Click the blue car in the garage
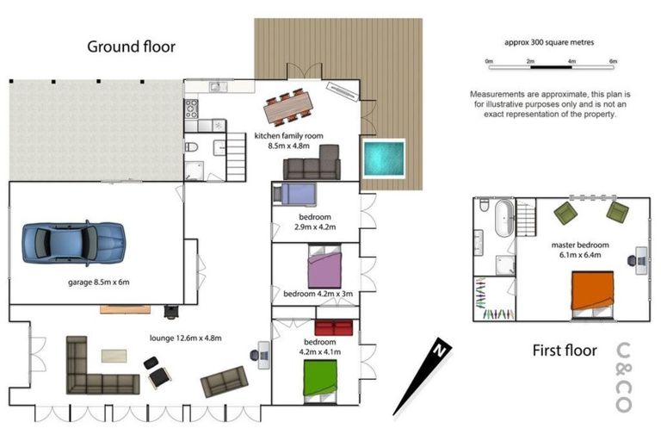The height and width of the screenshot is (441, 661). point(74,243)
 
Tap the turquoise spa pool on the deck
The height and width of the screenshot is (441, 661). point(384,158)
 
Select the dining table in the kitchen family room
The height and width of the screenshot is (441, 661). point(289,107)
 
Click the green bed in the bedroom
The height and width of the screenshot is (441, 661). point(320,381)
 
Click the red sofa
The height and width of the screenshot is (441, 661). point(333,328)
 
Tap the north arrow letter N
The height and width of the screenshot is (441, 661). point(440,350)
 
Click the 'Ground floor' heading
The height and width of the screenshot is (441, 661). point(131,47)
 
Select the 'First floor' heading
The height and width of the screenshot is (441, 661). point(565,351)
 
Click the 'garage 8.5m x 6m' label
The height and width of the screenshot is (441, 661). point(99,282)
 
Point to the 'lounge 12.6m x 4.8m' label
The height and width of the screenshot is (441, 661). point(186,338)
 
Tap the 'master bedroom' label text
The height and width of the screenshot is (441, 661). point(580,245)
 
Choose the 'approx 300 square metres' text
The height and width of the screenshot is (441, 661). point(549,42)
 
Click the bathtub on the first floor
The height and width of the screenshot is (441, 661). point(504,219)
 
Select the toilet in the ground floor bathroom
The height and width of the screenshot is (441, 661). point(191,147)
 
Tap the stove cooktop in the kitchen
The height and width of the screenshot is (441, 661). point(191,109)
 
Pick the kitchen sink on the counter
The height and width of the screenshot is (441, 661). point(218,87)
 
